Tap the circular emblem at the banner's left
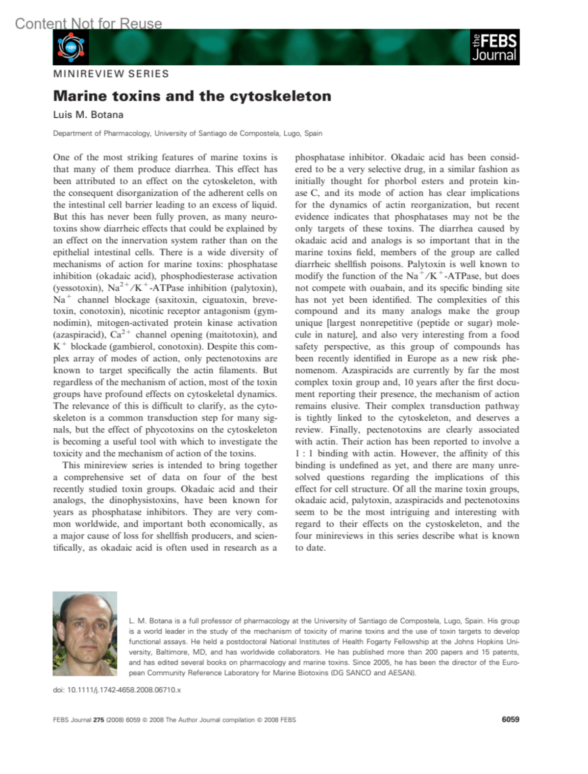click(71, 47)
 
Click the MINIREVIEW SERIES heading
click(111, 74)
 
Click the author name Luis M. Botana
click(88, 115)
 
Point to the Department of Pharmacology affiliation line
click(187, 133)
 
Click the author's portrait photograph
click(85, 634)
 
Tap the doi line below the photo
click(117, 690)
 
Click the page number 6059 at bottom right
click(510, 720)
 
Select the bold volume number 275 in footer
click(98, 720)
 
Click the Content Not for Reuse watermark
click(88, 24)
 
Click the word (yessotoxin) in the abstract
click(78, 288)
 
